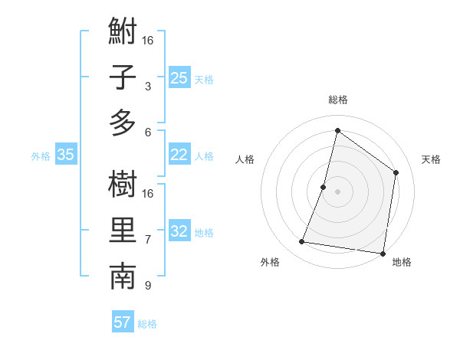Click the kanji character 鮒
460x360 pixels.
pyautogui.click(x=123, y=34)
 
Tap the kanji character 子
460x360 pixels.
pyautogui.click(x=123, y=78)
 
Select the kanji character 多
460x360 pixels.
pyautogui.click(x=123, y=123)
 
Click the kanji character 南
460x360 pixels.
pyautogui.click(x=123, y=277)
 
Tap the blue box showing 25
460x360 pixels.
pyautogui.click(x=179, y=77)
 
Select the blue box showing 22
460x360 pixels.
pyautogui.click(x=179, y=155)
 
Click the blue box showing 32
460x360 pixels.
pyautogui.click(x=179, y=232)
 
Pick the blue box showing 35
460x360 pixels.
pyautogui.click(x=66, y=155)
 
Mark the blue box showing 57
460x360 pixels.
pyautogui.click(x=123, y=322)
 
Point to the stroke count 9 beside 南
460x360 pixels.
pyautogui.click(x=148, y=286)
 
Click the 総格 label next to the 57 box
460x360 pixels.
pyautogui.click(x=147, y=324)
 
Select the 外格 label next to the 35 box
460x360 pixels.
pyautogui.click(x=41, y=156)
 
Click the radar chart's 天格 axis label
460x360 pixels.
pyautogui.click(x=431, y=159)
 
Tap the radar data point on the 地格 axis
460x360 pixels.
pyautogui.click(x=383, y=254)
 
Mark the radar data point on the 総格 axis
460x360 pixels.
pyautogui.click(x=337, y=130)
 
